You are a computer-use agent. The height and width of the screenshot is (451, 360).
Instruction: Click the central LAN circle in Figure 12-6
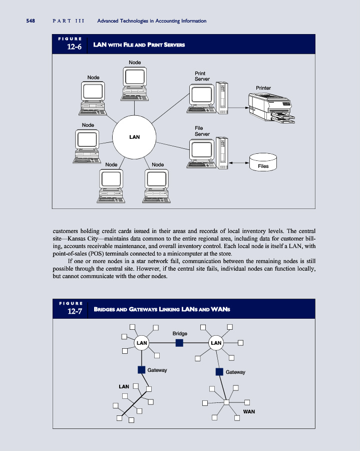point(134,137)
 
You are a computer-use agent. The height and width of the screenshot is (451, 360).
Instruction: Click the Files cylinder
point(263,162)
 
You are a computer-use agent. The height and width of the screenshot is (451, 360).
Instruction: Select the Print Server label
point(201,76)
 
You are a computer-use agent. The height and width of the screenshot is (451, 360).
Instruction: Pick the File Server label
point(201,131)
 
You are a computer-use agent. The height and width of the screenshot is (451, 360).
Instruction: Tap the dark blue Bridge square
point(179,343)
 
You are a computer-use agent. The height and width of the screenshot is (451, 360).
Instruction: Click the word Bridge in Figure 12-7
point(180,333)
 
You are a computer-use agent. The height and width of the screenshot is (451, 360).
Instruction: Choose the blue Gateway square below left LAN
point(141,370)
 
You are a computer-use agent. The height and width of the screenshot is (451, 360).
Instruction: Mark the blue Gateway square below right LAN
point(219,371)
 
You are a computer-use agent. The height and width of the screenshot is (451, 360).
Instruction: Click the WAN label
point(249,411)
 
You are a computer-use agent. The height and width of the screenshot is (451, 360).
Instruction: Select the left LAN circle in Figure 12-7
point(142,343)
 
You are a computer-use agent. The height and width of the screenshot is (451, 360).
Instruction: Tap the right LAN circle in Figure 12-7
point(216,343)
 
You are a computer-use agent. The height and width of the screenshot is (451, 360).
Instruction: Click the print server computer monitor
point(201,94)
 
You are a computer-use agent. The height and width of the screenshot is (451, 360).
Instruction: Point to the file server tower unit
point(222,151)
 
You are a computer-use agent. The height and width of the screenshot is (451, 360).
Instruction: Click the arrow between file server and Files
point(239,163)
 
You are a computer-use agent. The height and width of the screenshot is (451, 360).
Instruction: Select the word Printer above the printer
point(263,88)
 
